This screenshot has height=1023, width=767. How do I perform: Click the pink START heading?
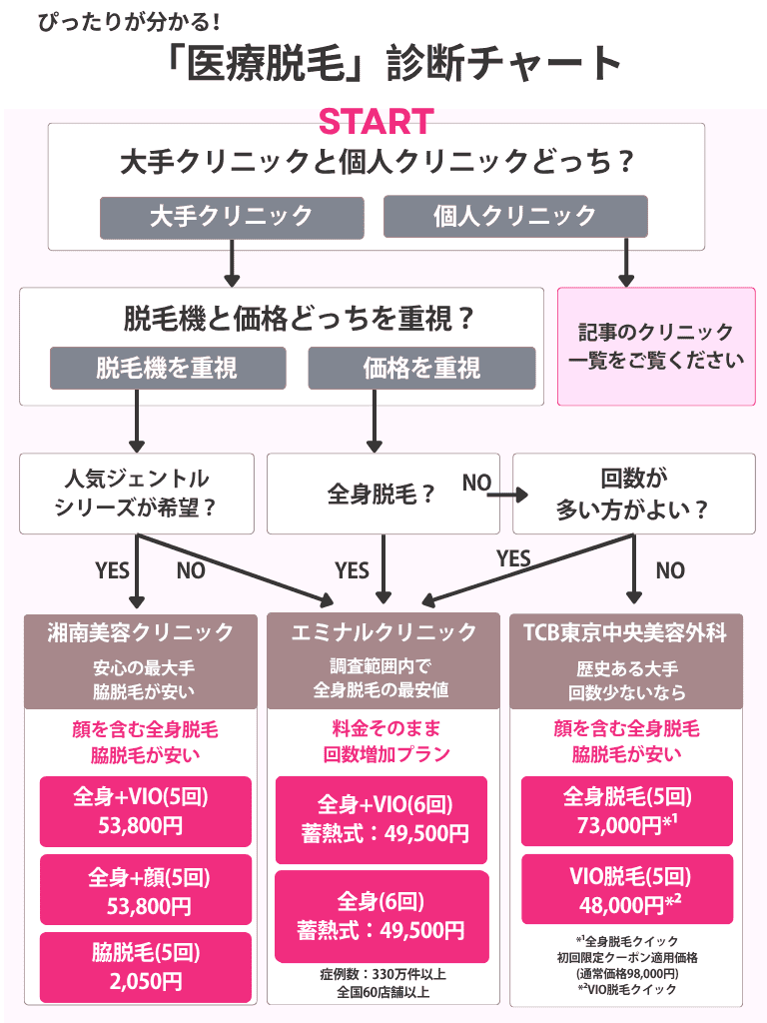click(x=376, y=122)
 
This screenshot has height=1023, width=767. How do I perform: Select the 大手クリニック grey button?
click(x=231, y=216)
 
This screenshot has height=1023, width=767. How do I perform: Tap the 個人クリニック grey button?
click(x=514, y=216)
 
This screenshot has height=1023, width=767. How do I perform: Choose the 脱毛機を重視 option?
click(x=167, y=368)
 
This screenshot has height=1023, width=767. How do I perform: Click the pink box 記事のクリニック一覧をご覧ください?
click(x=655, y=346)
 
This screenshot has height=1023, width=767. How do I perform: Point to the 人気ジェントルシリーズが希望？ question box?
click(x=137, y=493)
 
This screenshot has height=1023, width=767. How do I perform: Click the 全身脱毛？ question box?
click(x=382, y=494)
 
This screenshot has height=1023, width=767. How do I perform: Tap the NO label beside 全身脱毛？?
click(x=476, y=483)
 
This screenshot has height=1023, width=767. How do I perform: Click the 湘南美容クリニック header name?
click(x=140, y=632)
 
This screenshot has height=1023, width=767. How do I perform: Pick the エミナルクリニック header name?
click(x=383, y=632)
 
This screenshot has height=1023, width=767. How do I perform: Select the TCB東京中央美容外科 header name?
click(x=625, y=632)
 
